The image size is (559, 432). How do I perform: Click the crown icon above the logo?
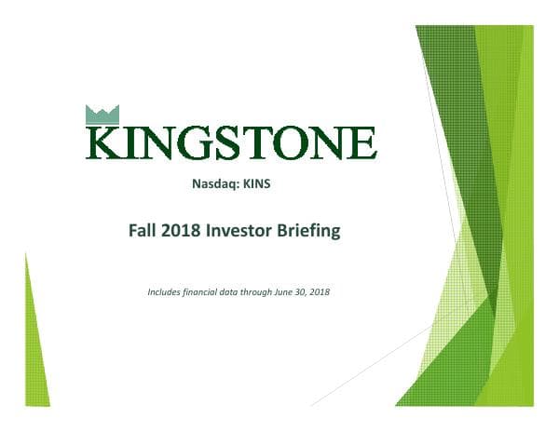tap(102, 115)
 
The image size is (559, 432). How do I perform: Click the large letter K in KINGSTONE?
tap(105, 142)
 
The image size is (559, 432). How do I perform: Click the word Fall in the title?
tap(145, 231)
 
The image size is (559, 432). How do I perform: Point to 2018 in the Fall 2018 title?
tap(185, 231)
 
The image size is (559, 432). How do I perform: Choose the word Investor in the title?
tap(246, 231)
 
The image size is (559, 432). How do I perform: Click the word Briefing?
tap(311, 231)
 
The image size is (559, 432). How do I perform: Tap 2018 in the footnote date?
tap(330, 292)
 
